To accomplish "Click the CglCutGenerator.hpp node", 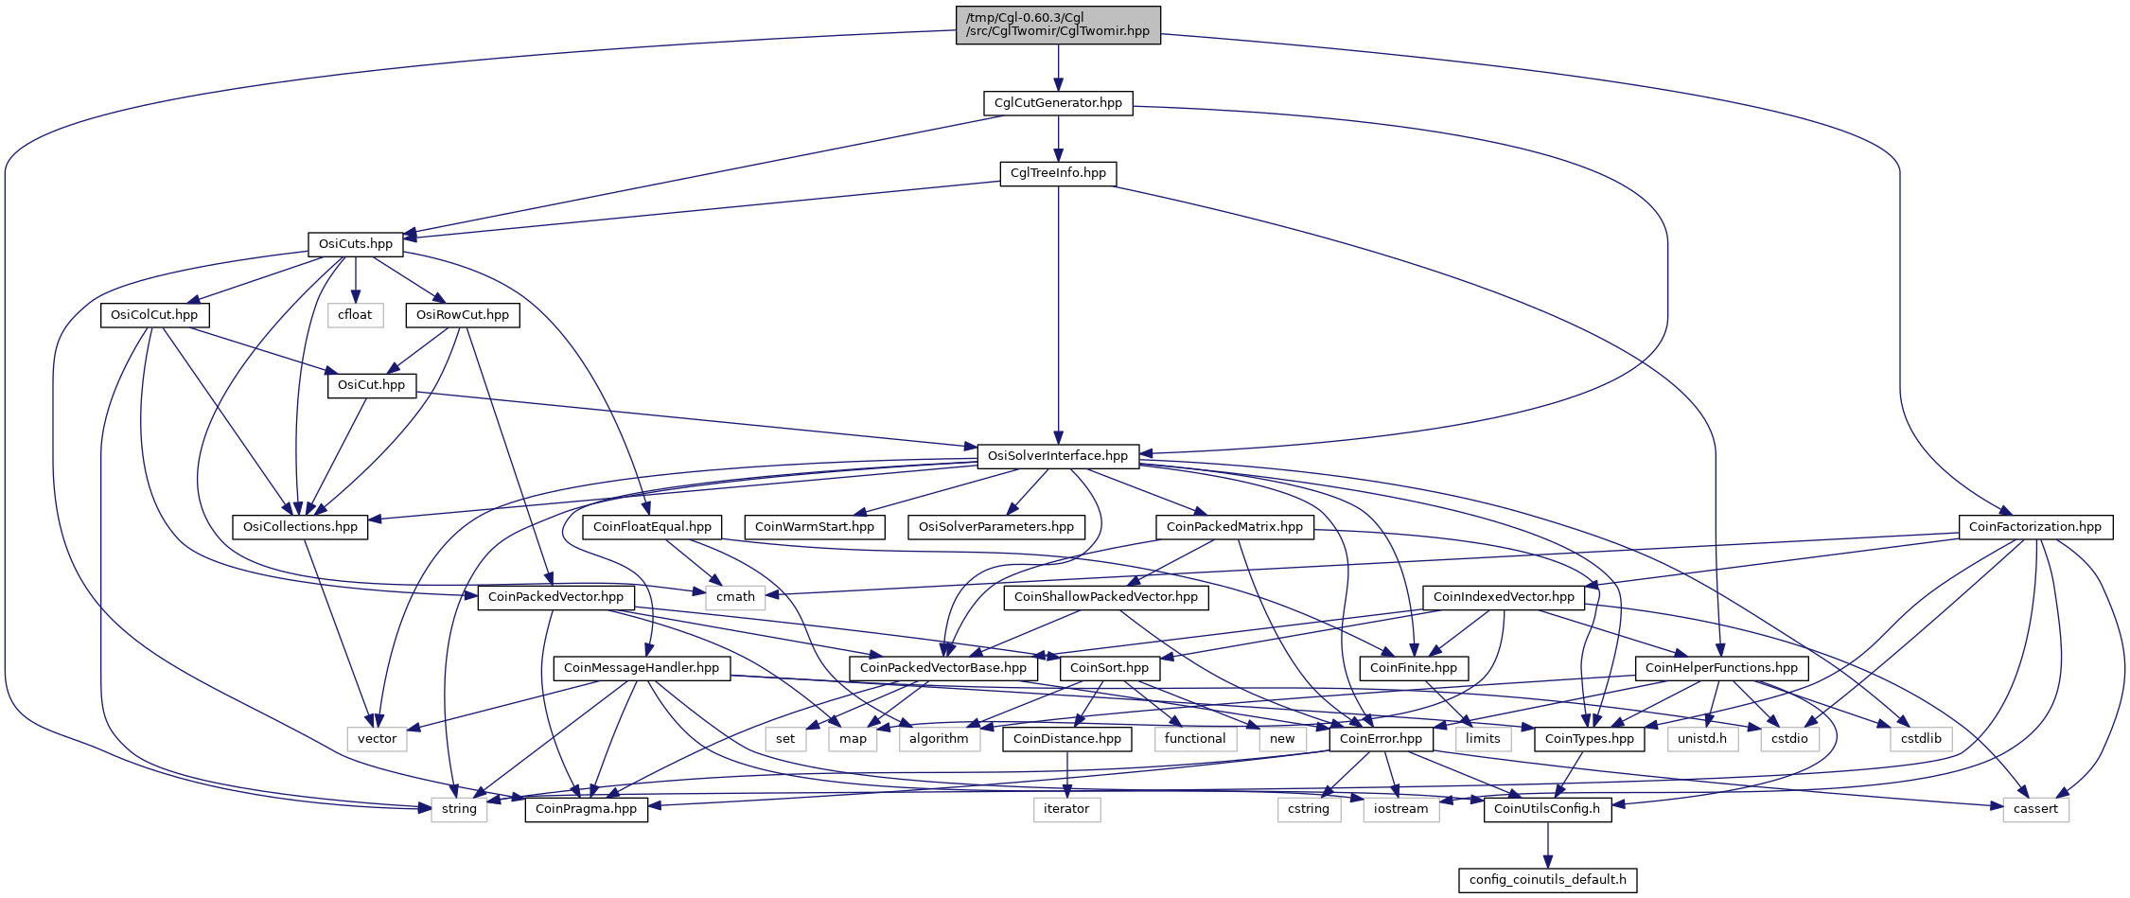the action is pyautogui.click(x=1058, y=103).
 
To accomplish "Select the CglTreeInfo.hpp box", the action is pyautogui.click(x=1058, y=173).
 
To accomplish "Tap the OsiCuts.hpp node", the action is pyautogui.click(x=356, y=244).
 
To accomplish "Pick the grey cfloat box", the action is pyautogui.click(x=356, y=314).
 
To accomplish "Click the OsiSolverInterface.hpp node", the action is pyautogui.click(x=1058, y=456).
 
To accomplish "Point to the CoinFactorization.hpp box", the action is pyautogui.click(x=2034, y=527).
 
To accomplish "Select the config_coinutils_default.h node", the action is pyautogui.click(x=1548, y=880).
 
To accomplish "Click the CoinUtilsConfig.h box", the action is pyautogui.click(x=1548, y=809).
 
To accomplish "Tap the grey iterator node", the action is pyautogui.click(x=1066, y=809).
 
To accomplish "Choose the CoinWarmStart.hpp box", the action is pyautogui.click(x=815, y=527).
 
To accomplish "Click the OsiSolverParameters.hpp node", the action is pyautogui.click(x=996, y=527).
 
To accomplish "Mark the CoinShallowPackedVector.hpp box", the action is pyautogui.click(x=1106, y=597).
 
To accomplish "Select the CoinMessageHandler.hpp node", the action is pyautogui.click(x=642, y=668).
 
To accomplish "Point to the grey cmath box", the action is pyautogui.click(x=735, y=597).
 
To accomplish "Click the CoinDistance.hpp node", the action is pyautogui.click(x=1067, y=739).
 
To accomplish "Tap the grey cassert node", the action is pyautogui.click(x=2036, y=809).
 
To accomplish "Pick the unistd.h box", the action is pyautogui.click(x=1702, y=739).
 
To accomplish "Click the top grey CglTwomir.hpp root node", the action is pyautogui.click(x=1058, y=25).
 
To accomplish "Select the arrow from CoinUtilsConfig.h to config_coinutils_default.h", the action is pyautogui.click(x=1548, y=844).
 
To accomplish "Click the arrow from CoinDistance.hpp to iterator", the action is pyautogui.click(x=1066, y=774).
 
